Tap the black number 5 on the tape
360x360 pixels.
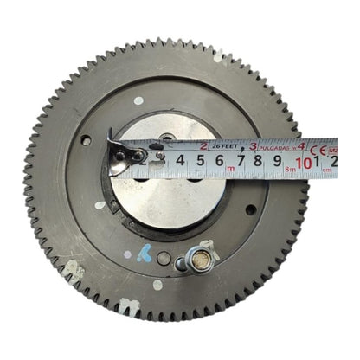[x=200, y=161]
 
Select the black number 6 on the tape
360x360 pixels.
[x=220, y=161]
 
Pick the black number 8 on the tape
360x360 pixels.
[x=260, y=161]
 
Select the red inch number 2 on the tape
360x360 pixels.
[x=202, y=145]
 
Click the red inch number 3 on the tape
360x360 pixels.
[x=253, y=145]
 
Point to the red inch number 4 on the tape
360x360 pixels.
[x=301, y=145]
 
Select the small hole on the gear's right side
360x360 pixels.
[x=250, y=209]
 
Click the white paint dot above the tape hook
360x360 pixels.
[x=138, y=100]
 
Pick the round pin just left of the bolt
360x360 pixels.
[x=165, y=258]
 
